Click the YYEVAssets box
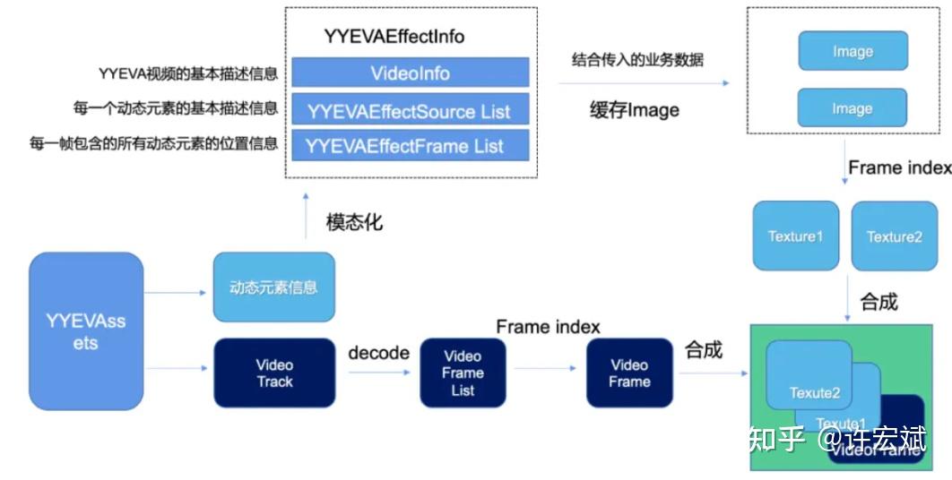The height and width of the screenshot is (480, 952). [86, 331]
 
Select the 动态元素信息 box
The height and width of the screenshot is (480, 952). [273, 287]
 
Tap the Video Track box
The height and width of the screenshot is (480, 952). [274, 373]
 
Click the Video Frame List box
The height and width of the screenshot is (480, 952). [463, 373]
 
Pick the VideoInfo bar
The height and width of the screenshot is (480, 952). [410, 73]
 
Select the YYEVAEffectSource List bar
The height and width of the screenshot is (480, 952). [410, 111]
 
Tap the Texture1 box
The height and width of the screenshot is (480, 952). [795, 236]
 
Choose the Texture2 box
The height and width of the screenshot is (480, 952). [894, 236]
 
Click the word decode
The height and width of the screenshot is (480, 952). [378, 353]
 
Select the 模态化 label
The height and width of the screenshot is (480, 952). [354, 221]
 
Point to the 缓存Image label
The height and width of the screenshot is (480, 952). [634, 110]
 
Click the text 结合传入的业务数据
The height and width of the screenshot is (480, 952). [637, 60]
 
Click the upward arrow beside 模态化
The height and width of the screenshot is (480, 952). [306, 215]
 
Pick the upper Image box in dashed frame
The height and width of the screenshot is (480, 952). [852, 52]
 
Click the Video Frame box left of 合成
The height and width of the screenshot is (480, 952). [628, 373]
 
